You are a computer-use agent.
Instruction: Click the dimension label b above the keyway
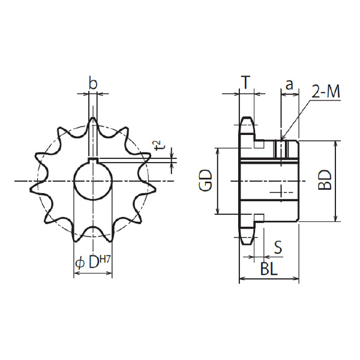tap(93, 83)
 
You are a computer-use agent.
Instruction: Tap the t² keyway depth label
tap(160, 145)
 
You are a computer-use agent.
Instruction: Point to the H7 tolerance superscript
tap(105, 260)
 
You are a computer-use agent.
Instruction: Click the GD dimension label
tap(205, 181)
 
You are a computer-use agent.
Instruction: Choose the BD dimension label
tap(325, 180)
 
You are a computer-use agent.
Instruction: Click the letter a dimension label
tap(290, 85)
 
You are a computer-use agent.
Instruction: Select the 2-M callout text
tap(326, 92)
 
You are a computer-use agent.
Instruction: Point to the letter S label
tap(278, 247)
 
